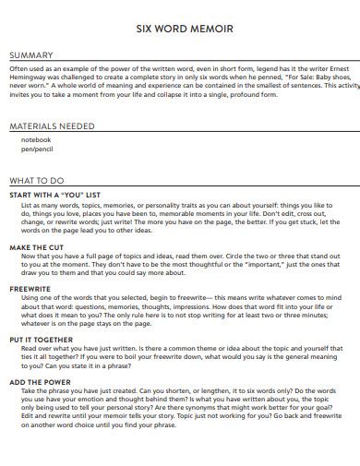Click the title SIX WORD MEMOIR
(x=179, y=29)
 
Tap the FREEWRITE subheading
(x=30, y=289)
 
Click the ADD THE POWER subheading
(x=42, y=380)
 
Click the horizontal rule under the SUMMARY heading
(x=179, y=62)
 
